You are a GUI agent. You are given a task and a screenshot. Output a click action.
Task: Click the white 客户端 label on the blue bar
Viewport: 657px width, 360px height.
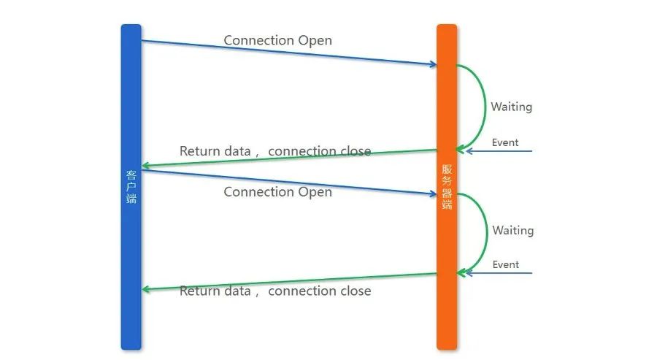click(131, 187)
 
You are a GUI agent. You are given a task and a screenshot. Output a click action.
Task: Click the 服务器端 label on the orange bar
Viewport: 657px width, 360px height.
click(447, 187)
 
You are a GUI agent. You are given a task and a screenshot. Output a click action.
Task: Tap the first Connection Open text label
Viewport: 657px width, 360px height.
click(277, 40)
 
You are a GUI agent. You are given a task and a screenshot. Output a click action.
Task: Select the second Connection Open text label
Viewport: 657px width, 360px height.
click(277, 192)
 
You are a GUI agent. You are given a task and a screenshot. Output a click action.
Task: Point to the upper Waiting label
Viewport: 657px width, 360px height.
click(511, 107)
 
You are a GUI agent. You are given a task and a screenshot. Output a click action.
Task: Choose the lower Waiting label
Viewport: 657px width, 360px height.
click(512, 231)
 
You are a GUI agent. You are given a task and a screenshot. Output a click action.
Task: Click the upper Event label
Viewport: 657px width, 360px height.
click(505, 142)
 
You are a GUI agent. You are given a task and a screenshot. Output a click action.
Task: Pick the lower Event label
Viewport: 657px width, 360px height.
click(505, 264)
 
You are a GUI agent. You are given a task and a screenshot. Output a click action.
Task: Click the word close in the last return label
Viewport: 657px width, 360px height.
click(354, 291)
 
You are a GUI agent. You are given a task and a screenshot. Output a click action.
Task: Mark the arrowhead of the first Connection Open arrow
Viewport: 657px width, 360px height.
click(433, 65)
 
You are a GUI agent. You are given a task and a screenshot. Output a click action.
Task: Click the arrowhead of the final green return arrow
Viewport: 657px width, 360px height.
click(145, 289)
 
